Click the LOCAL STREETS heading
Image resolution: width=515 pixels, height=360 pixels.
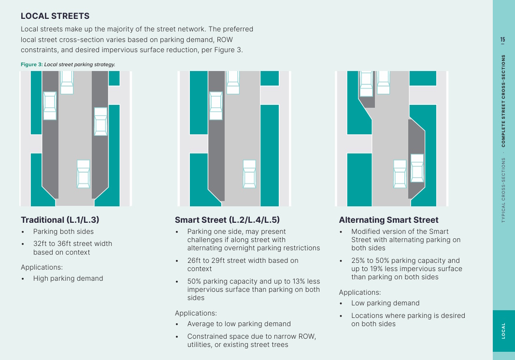[x=55, y=16]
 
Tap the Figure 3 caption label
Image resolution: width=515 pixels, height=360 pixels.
[x=31, y=65]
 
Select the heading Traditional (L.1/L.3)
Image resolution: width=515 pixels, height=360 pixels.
[x=60, y=220]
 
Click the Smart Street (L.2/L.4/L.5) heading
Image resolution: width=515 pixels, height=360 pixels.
[x=227, y=220]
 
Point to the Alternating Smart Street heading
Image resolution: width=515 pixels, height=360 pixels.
[x=388, y=220]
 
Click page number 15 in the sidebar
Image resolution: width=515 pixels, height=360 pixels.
[x=502, y=40]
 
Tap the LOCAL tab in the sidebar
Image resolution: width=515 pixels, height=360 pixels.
[x=503, y=331]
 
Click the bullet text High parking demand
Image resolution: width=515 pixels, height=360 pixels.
[x=68, y=278]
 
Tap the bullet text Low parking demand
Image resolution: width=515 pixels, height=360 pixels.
[x=385, y=303]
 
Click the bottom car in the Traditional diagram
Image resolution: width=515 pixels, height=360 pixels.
[x=84, y=174]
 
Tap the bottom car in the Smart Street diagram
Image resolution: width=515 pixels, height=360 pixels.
[x=249, y=174]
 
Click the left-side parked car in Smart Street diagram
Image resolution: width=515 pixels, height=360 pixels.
[x=215, y=106]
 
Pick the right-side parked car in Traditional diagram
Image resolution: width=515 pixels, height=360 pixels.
[x=100, y=121]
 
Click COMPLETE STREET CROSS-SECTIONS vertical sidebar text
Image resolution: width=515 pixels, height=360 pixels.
[x=503, y=101]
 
